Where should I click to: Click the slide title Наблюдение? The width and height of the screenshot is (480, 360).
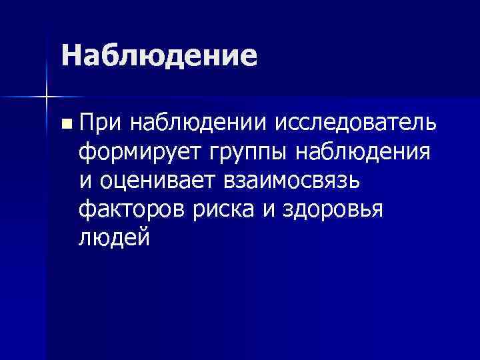[159, 55]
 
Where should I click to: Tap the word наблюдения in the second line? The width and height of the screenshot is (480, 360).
[363, 152]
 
